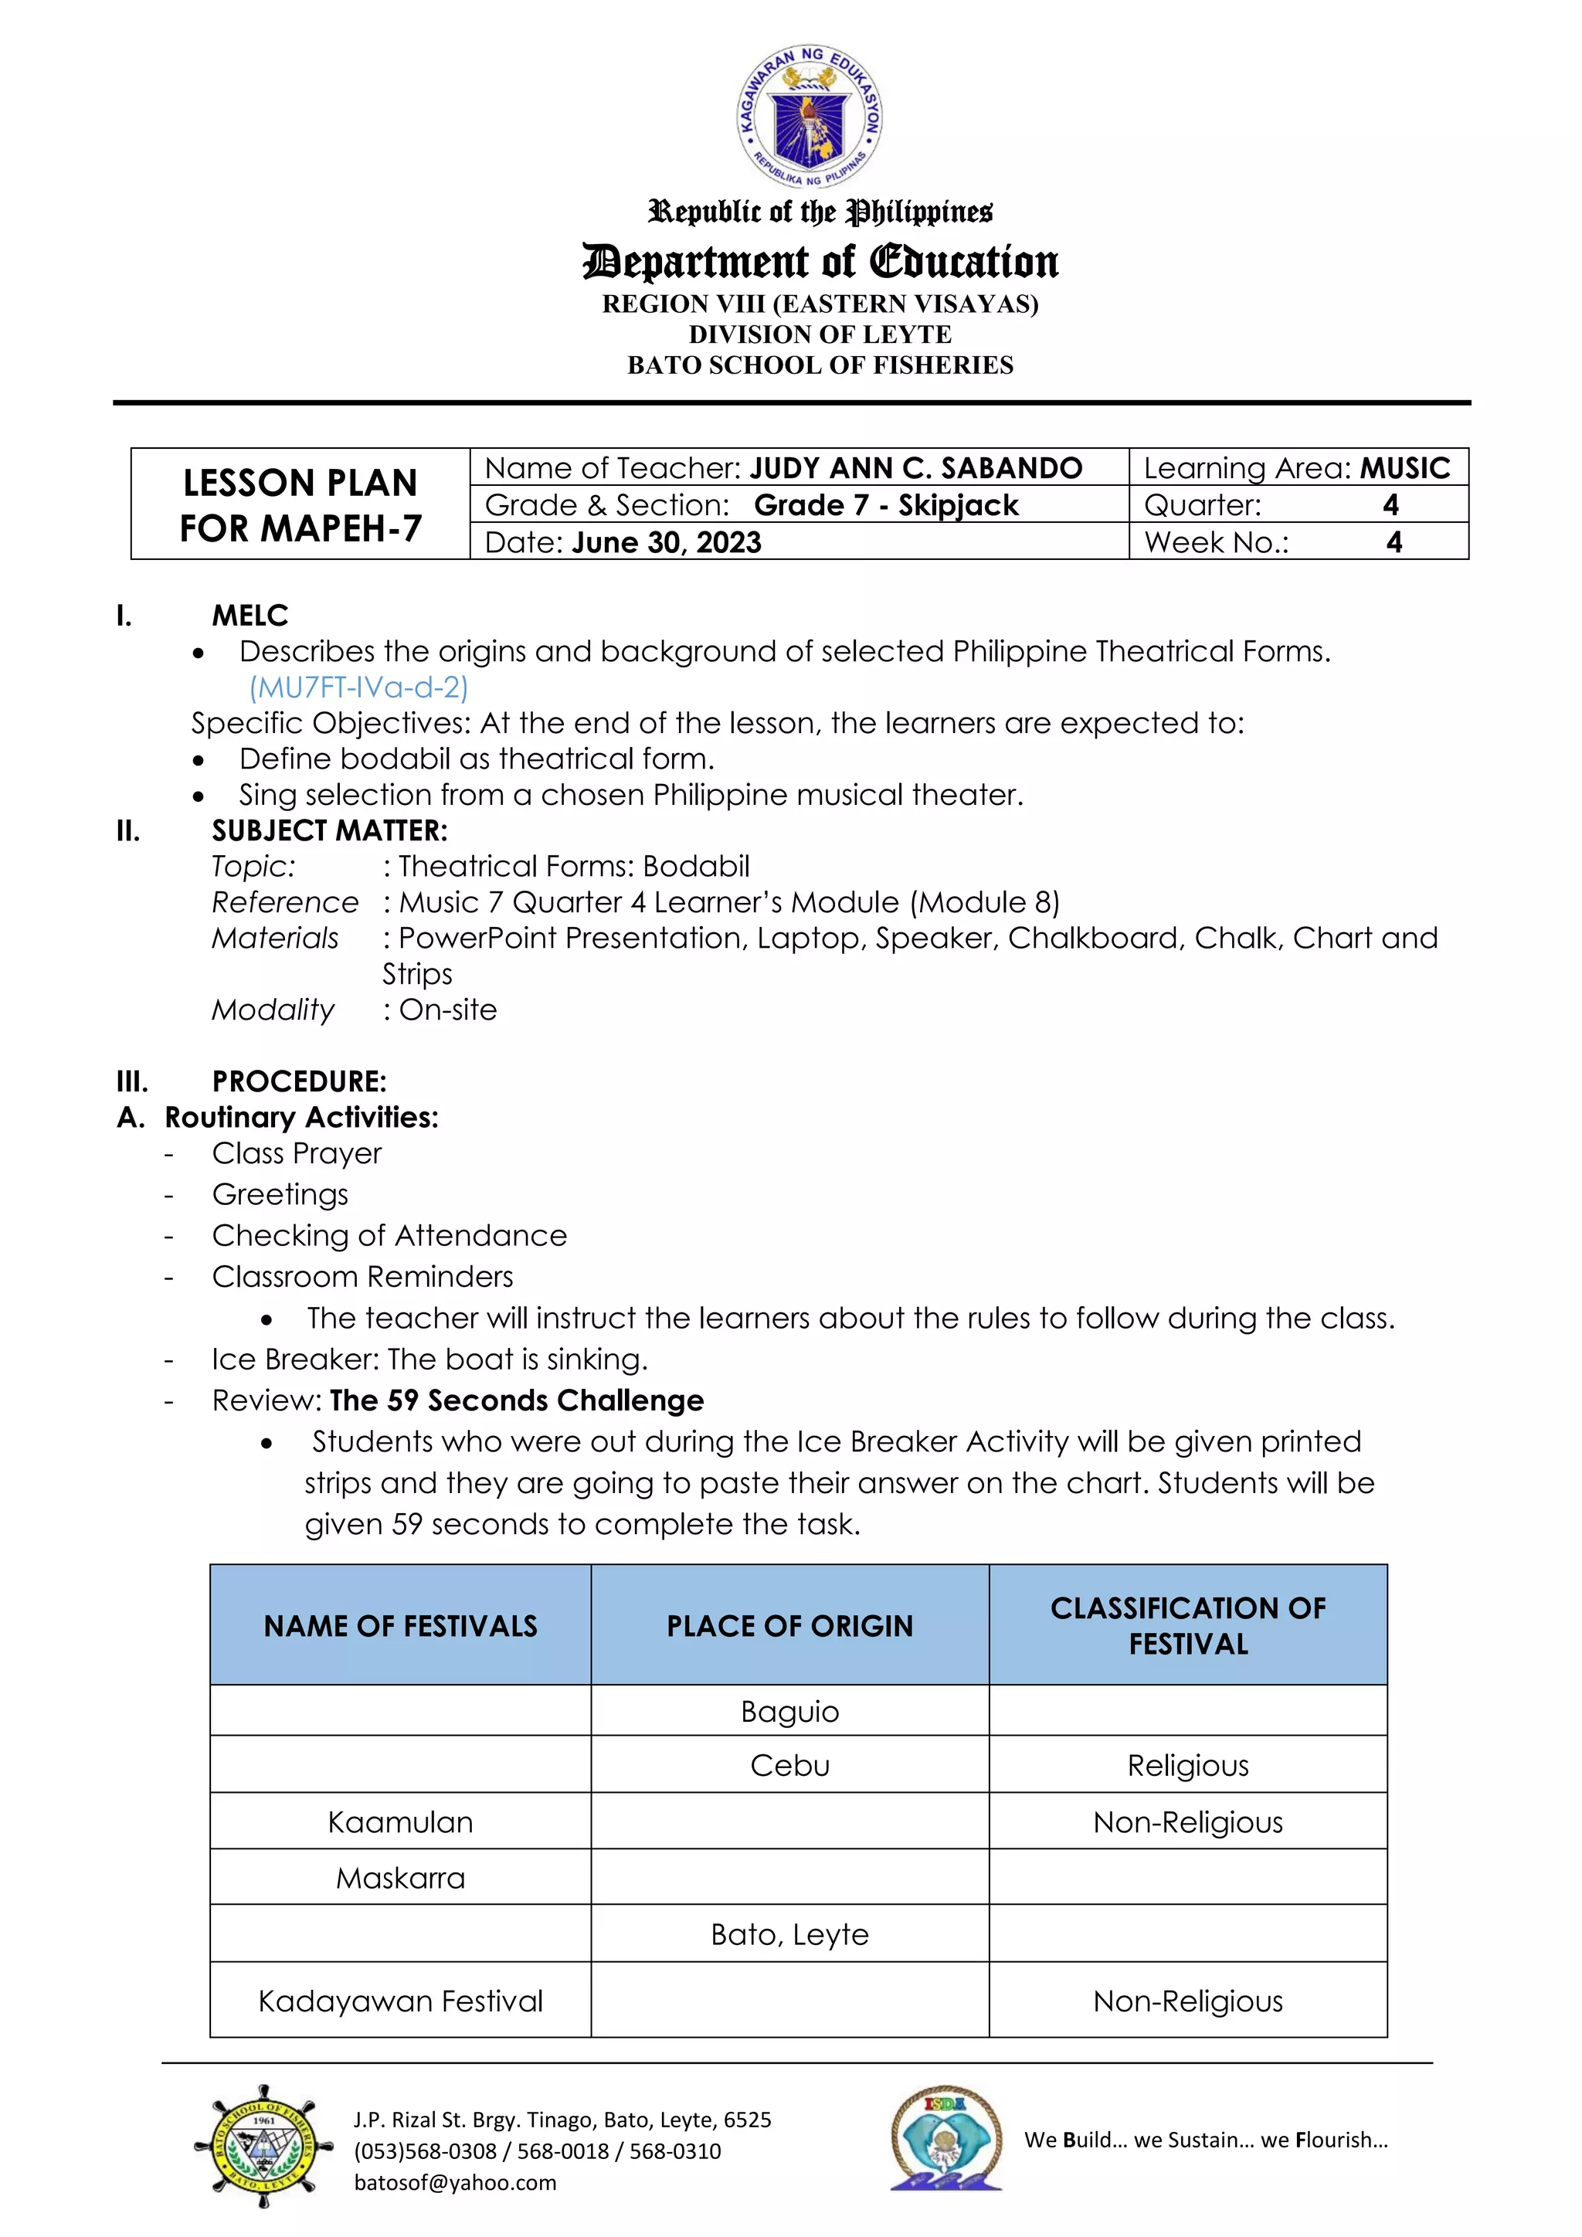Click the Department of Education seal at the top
[x=810, y=117]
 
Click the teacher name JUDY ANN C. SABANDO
[x=915, y=469]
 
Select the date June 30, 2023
[x=667, y=543]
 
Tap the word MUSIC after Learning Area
[x=1404, y=469]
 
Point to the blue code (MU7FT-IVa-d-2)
[x=358, y=687]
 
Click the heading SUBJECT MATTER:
[x=329, y=831]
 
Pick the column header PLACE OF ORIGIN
[x=790, y=1626]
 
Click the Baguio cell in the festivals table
[x=790, y=1712]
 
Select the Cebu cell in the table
[x=790, y=1766]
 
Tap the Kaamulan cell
[x=400, y=1822]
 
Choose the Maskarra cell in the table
[x=400, y=1878]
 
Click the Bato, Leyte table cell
[x=790, y=1934]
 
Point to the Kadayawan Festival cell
[x=400, y=2001]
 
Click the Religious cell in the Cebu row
[x=1187, y=1766]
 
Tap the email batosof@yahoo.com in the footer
[x=455, y=2182]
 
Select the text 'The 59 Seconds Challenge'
[x=516, y=1401]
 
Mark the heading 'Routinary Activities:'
[x=301, y=1118]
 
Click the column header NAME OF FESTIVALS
[x=400, y=1626]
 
